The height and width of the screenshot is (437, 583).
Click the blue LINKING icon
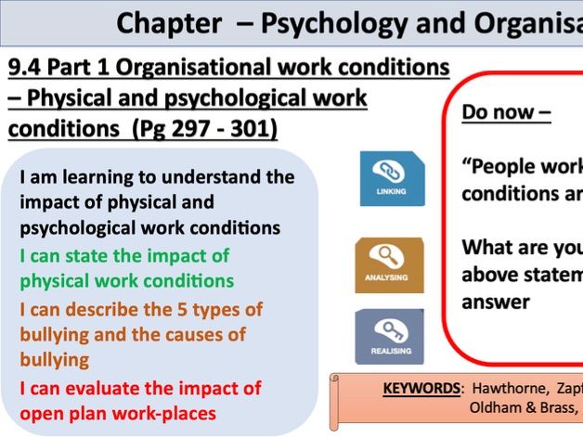tap(392, 179)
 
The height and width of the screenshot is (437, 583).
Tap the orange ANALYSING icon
tap(389, 265)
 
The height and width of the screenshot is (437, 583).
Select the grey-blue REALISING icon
tap(389, 336)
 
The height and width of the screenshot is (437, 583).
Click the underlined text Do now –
tap(506, 112)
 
